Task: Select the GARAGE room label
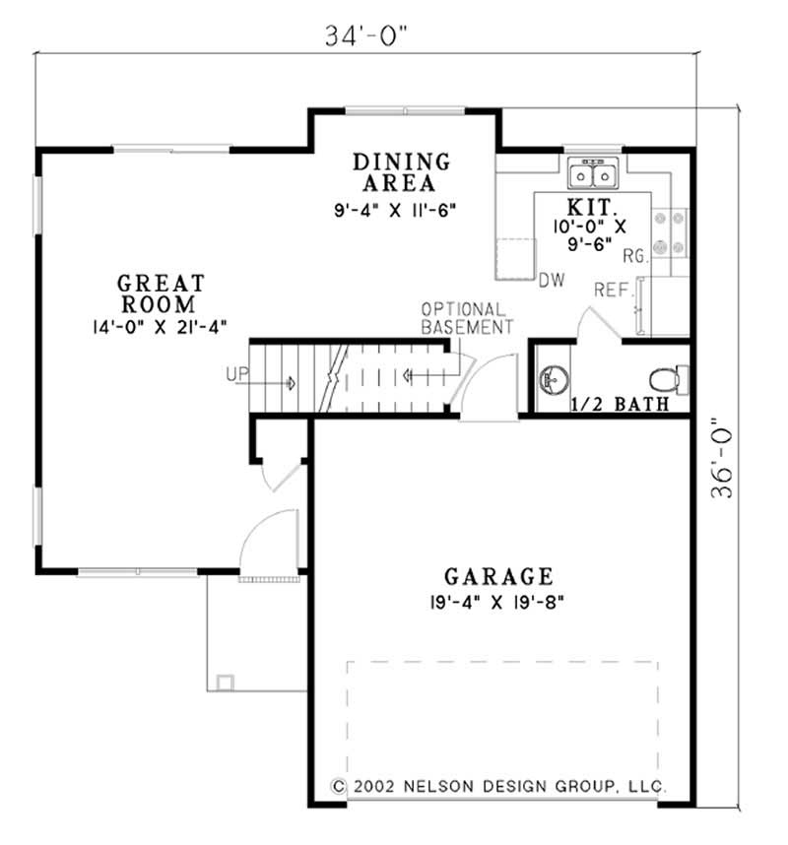(497, 575)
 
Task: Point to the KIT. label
(593, 208)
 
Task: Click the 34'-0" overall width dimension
(366, 35)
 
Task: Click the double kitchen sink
(593, 175)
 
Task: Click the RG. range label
(634, 256)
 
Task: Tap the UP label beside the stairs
(237, 374)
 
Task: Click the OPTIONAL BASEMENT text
(467, 317)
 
